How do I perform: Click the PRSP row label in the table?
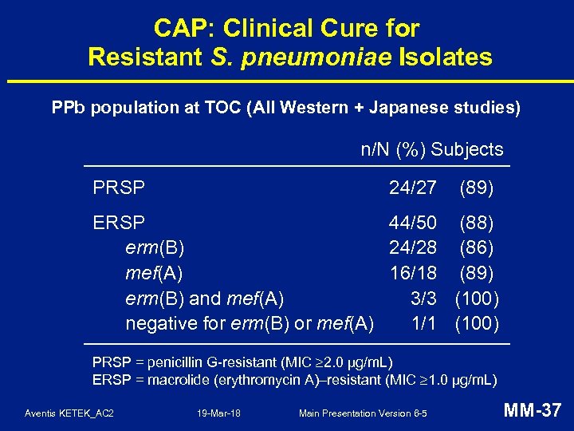(x=119, y=188)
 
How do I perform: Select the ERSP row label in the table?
(x=119, y=222)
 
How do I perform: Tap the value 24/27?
(x=413, y=188)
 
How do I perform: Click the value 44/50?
(x=413, y=222)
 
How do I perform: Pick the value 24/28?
(x=413, y=247)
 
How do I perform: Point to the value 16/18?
(x=413, y=273)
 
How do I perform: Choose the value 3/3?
(x=423, y=299)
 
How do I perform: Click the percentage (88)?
(x=478, y=222)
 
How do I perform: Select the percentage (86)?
(x=478, y=247)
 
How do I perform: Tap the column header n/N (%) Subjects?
(x=432, y=149)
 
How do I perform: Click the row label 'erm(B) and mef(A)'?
(x=205, y=299)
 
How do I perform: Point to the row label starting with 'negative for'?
(x=250, y=323)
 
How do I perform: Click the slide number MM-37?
(x=533, y=411)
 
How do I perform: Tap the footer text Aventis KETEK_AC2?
(x=69, y=413)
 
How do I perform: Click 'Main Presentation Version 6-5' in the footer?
(x=363, y=413)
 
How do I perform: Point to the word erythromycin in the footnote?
(x=284, y=379)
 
